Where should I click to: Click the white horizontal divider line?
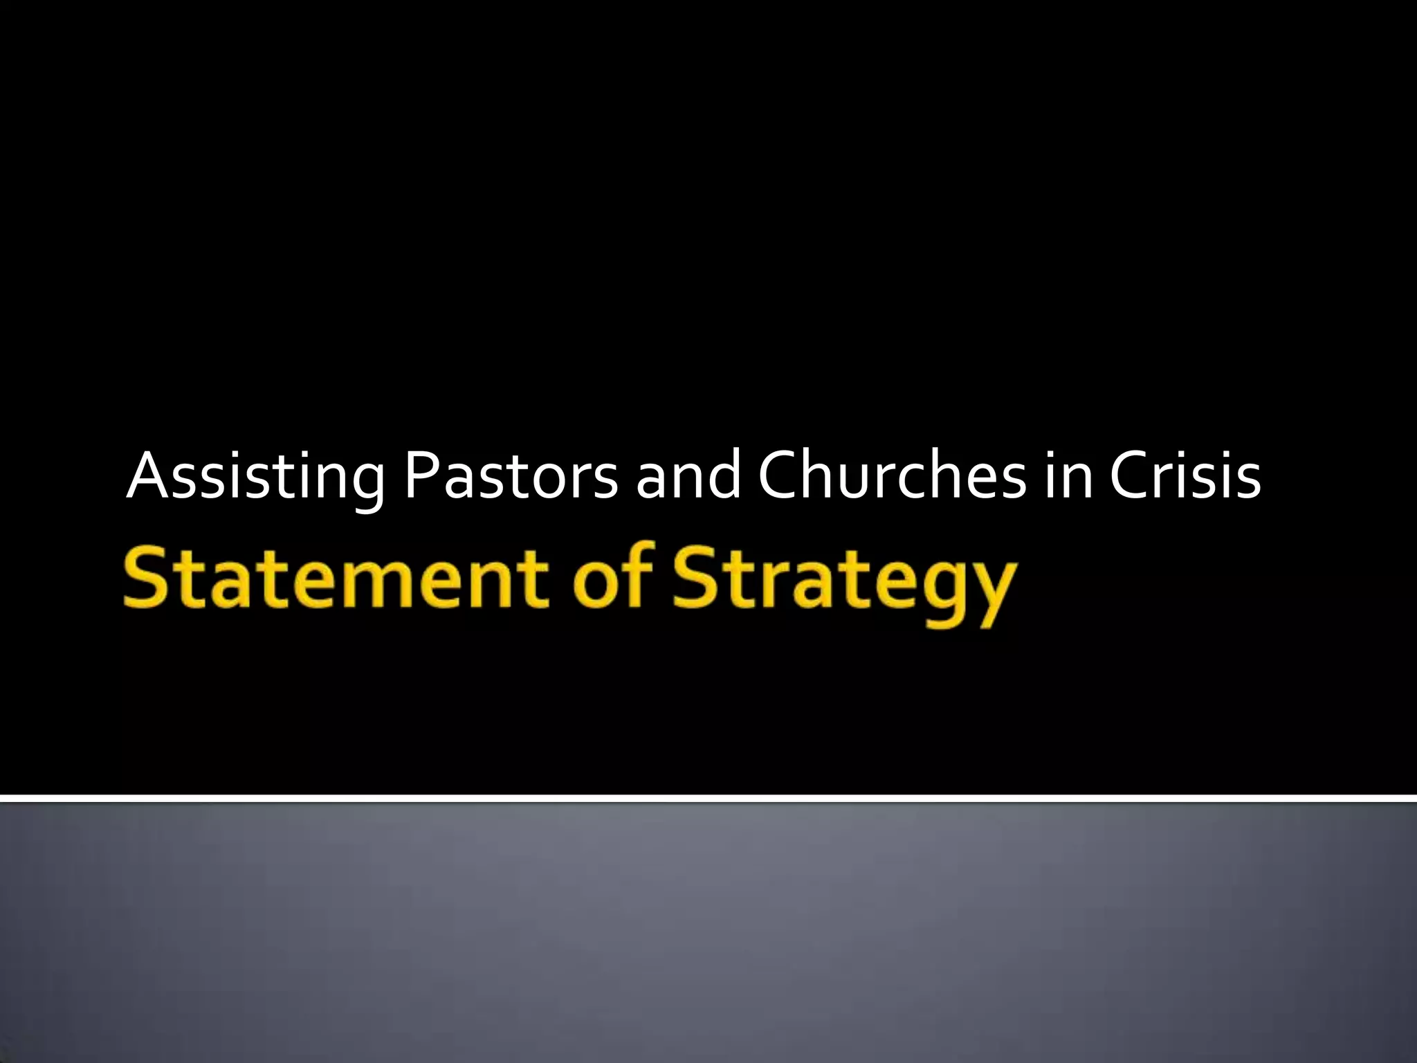tap(708, 799)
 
